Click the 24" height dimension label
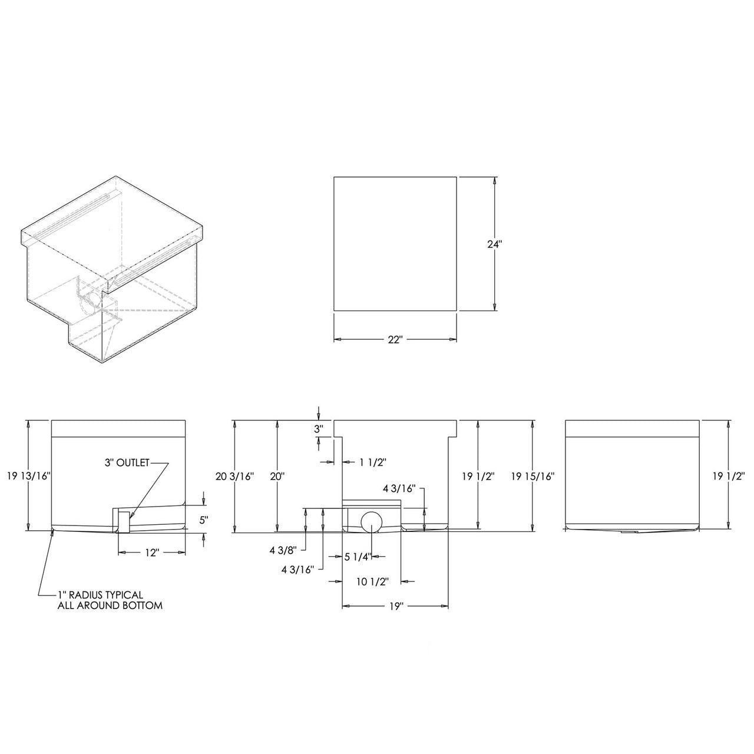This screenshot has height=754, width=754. point(494,244)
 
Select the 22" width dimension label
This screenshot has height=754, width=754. point(395,339)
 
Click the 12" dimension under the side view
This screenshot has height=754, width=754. point(151,553)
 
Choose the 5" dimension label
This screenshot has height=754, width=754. point(203,520)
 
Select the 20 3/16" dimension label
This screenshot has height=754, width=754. point(234,476)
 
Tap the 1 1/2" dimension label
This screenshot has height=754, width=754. point(372,462)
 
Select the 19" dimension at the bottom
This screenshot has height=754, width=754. point(395,606)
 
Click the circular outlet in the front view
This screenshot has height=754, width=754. point(371,522)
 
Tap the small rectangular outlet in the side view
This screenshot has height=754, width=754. point(124,521)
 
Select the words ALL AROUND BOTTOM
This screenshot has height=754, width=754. point(110,606)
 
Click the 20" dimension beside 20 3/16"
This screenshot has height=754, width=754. point(277,476)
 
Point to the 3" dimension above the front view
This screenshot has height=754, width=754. point(319,429)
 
